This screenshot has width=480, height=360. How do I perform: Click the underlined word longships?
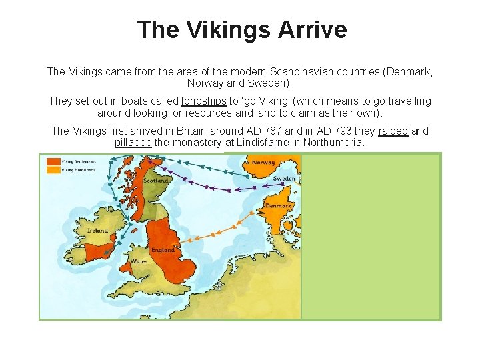coord(204,101)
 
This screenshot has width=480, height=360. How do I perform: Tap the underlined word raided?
coord(393,131)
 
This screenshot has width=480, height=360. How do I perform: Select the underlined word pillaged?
coord(133,142)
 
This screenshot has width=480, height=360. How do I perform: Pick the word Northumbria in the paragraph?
coord(333,142)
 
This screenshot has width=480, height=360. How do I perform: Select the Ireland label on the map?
coord(97,231)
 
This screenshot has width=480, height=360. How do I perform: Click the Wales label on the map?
coord(139,261)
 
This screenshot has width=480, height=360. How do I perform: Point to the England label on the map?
coord(163,250)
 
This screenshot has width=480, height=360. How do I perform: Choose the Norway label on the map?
coord(263,163)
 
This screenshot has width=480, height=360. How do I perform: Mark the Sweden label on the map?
coord(285,179)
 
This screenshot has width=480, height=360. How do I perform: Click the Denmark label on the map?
coord(279,205)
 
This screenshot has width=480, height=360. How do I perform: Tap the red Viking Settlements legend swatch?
coord(53,161)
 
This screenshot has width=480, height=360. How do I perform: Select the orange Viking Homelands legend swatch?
coord(53,169)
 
